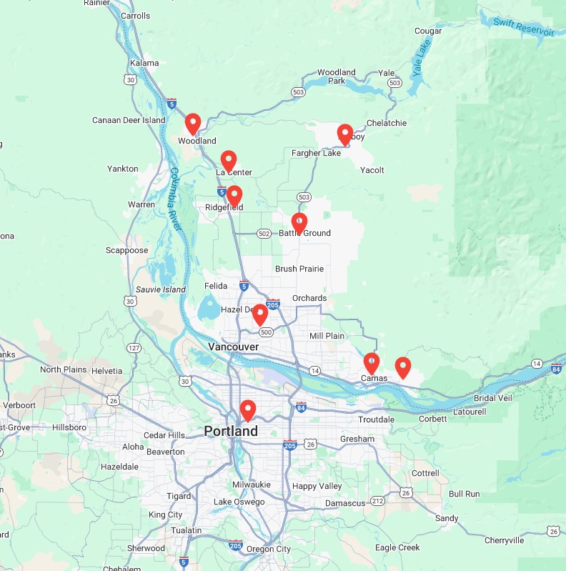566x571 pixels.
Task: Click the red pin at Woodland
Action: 192,124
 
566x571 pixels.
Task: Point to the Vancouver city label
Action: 233,347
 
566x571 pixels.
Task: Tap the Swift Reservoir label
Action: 524,27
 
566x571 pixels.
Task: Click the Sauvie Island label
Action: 161,289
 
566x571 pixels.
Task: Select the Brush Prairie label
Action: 299,269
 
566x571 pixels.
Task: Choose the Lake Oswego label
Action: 239,502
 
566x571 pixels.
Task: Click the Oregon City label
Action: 268,549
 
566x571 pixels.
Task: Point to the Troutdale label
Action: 376,420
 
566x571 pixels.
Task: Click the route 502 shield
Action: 264,234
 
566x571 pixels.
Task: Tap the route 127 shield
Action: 134,348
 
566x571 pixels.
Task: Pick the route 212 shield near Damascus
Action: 377,502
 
